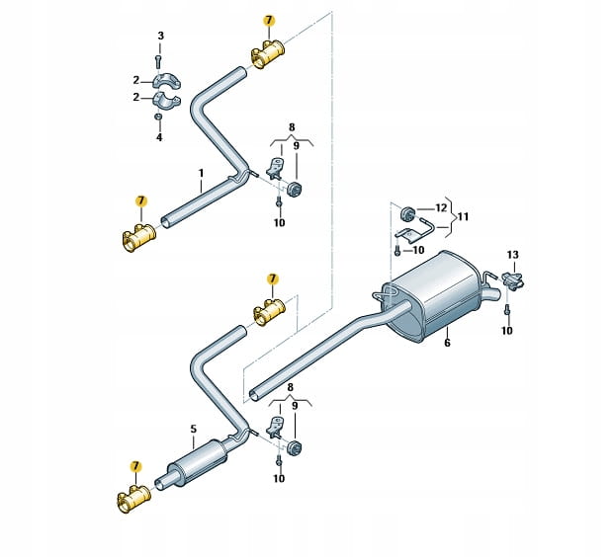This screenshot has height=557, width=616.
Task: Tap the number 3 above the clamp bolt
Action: click(x=160, y=37)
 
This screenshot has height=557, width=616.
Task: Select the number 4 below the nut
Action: click(x=160, y=136)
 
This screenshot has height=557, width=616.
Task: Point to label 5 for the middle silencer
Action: click(x=193, y=429)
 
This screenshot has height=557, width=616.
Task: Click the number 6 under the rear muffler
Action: click(x=447, y=342)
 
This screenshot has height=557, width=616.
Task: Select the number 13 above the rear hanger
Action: click(x=512, y=255)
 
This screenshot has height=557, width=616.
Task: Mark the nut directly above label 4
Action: click(x=160, y=118)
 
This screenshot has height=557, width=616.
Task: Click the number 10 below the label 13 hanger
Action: click(x=507, y=330)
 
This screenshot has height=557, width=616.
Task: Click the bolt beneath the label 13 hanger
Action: click(x=507, y=310)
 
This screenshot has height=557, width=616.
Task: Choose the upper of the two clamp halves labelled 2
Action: click(x=163, y=79)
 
